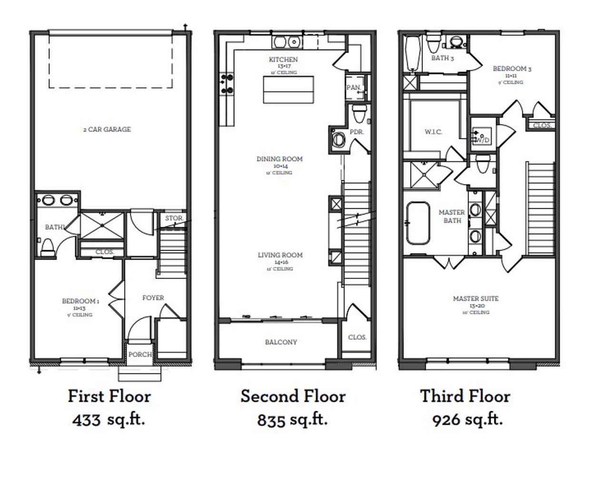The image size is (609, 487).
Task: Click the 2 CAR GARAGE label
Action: [106, 129]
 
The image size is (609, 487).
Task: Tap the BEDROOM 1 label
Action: [80, 301]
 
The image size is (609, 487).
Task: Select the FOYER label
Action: [153, 298]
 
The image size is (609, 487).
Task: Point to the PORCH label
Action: [140, 354]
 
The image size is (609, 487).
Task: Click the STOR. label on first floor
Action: [174, 218]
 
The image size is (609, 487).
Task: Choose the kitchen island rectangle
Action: [288, 90]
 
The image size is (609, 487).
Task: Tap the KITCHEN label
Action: [284, 59]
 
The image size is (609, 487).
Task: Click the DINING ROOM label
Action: [279, 159]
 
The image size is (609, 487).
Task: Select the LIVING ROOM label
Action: [280, 255]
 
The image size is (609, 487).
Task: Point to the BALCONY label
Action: [281, 342]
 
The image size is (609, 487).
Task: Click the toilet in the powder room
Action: [359, 113]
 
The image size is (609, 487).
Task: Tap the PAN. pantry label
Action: [354, 88]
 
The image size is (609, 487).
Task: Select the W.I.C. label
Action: [433, 132]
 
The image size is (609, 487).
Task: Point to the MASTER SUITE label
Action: [475, 299]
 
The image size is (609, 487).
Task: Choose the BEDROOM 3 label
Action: [512, 68]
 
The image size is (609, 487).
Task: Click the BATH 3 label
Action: [442, 58]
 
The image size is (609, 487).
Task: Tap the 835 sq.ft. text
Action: [292, 420]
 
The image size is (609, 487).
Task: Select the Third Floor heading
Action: [465, 396]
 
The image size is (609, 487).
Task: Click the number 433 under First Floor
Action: [86, 420]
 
